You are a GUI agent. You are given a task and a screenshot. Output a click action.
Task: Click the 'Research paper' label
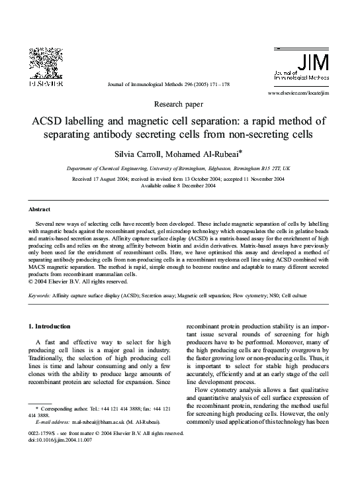[x=179, y=105]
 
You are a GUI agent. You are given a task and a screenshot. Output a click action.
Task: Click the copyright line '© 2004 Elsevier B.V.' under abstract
[x=69, y=280]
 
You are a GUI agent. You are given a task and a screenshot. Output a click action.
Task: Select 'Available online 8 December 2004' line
[x=179, y=186]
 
